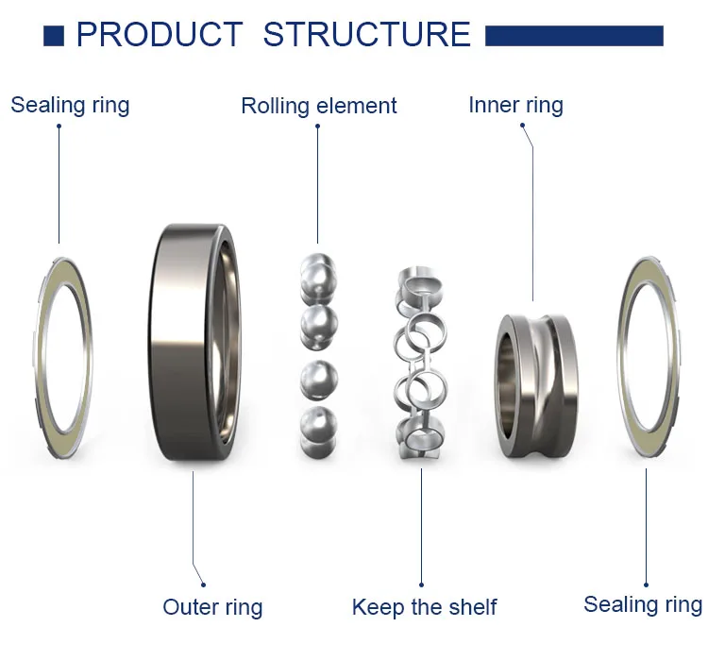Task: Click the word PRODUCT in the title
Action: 159,35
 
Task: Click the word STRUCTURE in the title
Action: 367,35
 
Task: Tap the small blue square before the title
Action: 54,36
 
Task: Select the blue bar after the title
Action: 574,36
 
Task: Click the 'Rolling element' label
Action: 319,106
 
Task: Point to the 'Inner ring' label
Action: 515,105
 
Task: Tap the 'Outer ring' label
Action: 212,607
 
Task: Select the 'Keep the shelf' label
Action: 424,607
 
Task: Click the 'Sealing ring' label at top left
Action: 70,105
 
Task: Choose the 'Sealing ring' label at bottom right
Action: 643,604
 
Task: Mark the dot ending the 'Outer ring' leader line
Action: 203,585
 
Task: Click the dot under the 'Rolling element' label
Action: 317,127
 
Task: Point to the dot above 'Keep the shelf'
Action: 421,585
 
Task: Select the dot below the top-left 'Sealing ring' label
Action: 59,126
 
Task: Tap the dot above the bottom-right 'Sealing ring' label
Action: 646,585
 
